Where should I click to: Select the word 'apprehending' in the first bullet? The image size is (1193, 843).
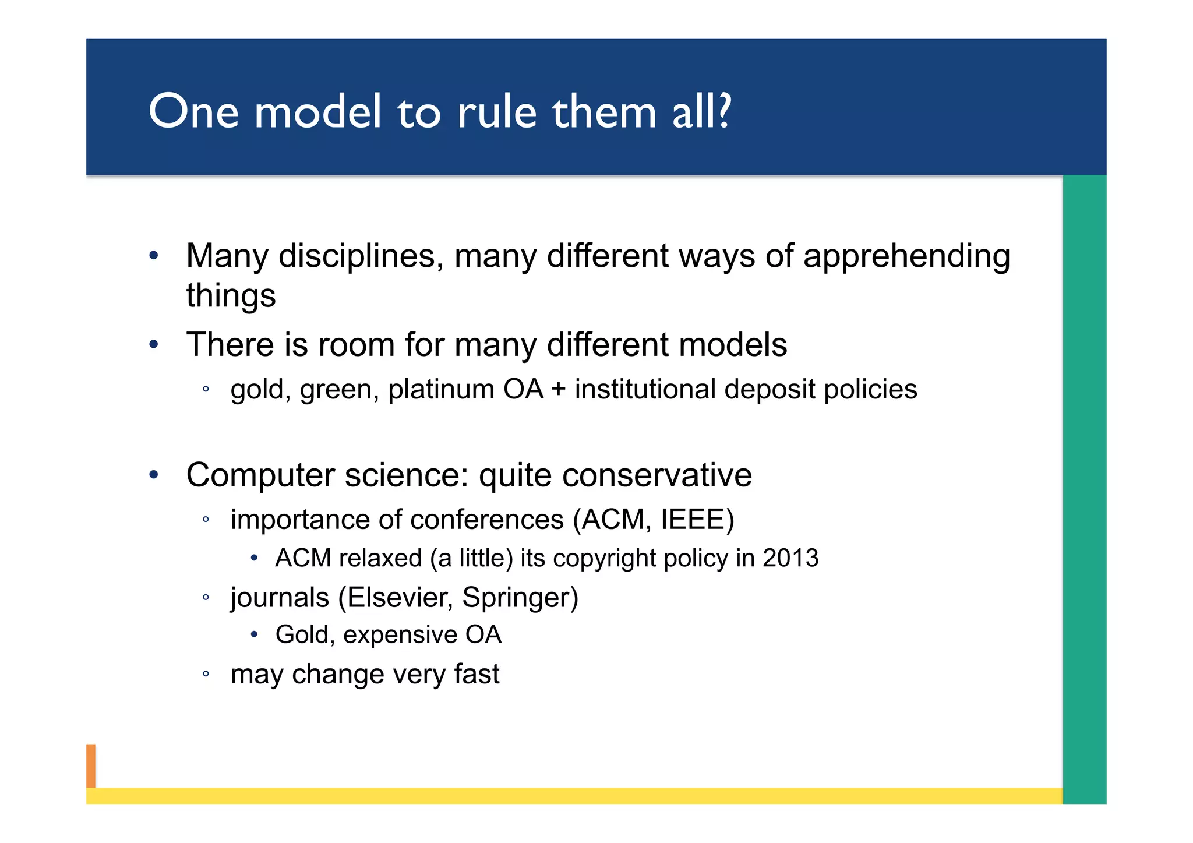[x=906, y=257]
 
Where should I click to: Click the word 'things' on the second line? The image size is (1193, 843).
[x=231, y=296]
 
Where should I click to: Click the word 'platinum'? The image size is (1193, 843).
[x=441, y=389]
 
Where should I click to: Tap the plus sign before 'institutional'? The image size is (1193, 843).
[x=558, y=390]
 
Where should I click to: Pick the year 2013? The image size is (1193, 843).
[x=790, y=558]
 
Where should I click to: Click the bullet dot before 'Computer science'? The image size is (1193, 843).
[x=153, y=475]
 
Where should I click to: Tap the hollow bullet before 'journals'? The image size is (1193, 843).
[x=206, y=598]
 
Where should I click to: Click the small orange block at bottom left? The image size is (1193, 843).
[x=91, y=766]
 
